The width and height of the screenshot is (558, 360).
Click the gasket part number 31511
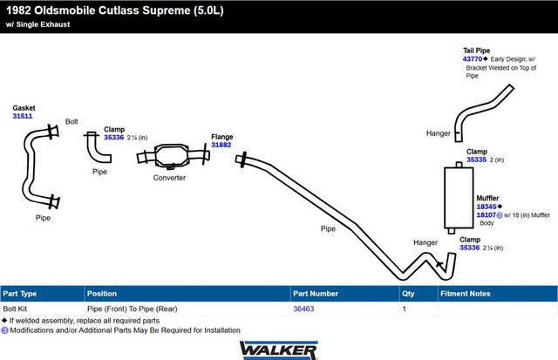coord(23,116)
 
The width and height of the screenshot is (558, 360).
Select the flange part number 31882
coord(221,145)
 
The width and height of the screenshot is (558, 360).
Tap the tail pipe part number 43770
coord(473,59)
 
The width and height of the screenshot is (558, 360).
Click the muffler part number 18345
coord(487,207)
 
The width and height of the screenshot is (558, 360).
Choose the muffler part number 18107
coord(487,214)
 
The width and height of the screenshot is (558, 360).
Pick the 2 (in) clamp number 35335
coord(476,160)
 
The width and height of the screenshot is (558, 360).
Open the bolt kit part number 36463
coord(303,309)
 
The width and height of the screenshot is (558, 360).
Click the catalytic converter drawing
coord(173,156)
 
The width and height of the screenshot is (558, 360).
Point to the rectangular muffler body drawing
coord(459,198)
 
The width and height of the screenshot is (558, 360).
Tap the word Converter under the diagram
coord(169,178)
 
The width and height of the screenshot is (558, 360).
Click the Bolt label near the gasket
coord(71,122)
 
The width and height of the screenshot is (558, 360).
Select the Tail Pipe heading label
coord(477,51)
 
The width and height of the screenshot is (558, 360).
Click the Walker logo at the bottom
coord(279,350)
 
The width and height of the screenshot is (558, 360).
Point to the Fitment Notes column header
coord(465,294)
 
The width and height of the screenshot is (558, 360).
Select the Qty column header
coord(408,294)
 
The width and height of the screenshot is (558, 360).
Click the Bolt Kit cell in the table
coord(15,309)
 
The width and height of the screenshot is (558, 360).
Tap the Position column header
coord(102,294)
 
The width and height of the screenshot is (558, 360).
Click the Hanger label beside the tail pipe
coord(438,133)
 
